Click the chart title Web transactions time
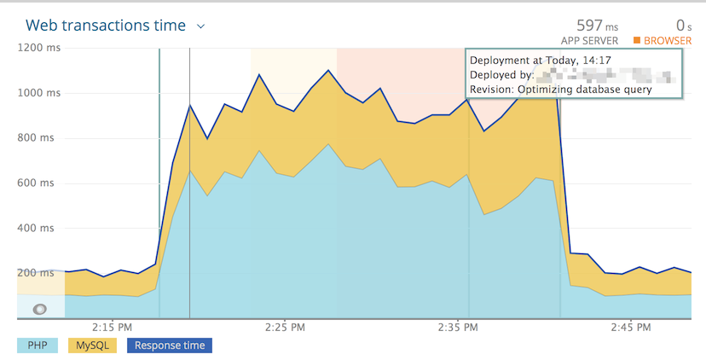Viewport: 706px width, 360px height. [x=106, y=26]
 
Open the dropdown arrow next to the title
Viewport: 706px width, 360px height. [x=201, y=26]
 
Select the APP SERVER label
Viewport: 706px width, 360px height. [x=589, y=41]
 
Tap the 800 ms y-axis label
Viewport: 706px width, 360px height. [x=38, y=138]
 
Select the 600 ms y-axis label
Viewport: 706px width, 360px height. [x=38, y=183]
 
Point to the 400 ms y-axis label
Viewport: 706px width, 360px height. [x=38, y=229]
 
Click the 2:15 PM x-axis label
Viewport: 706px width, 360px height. [x=112, y=327]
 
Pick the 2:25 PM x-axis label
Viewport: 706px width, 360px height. [x=285, y=327]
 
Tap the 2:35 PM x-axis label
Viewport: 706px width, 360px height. [x=459, y=327]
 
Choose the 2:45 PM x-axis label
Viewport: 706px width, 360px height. [x=632, y=327]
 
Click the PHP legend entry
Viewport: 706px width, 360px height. [x=38, y=345]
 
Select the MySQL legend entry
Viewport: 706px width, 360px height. [x=92, y=345]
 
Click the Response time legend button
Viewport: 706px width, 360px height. [x=169, y=345]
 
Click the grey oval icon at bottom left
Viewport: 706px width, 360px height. [x=39, y=309]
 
